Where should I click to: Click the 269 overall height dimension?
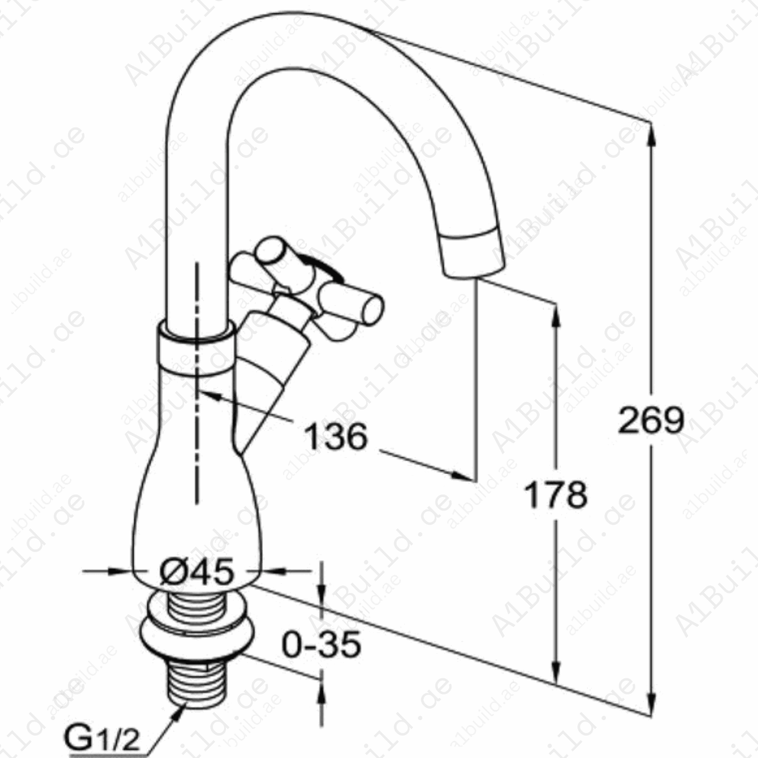(x=651, y=420)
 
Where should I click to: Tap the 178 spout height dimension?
(x=556, y=494)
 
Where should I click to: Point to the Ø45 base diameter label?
(x=197, y=571)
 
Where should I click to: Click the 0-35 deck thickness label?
(x=321, y=645)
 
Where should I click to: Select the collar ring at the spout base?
(x=196, y=348)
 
